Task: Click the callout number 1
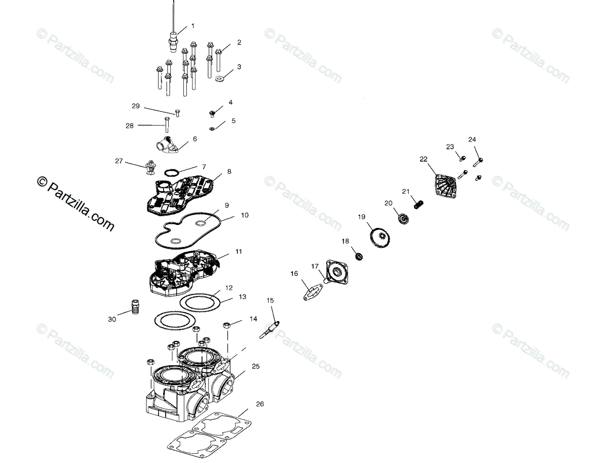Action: pyautogui.click(x=192, y=25)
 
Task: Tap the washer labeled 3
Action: pyautogui.click(x=219, y=78)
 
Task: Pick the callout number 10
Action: pyautogui.click(x=244, y=215)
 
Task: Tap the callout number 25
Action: pyautogui.click(x=256, y=366)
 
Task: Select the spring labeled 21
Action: pyautogui.click(x=418, y=204)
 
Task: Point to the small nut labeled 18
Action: pyautogui.click(x=359, y=257)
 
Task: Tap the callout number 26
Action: pyautogui.click(x=260, y=404)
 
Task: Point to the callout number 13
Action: pyautogui.click(x=242, y=297)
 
